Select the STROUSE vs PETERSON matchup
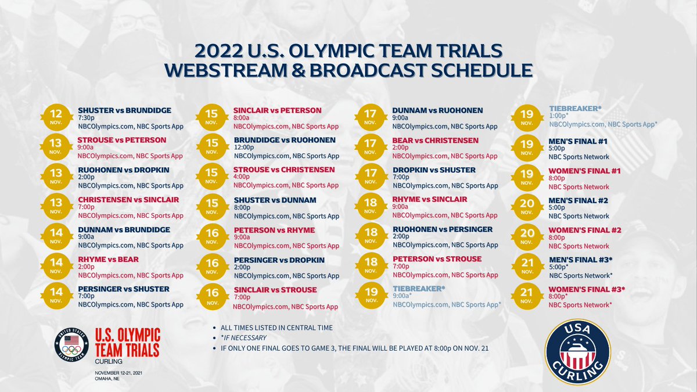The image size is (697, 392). tap(121, 140)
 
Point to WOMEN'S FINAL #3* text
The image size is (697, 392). tap(587, 289)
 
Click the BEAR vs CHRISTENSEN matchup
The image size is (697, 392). tap(436, 141)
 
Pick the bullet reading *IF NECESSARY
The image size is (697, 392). tap(244, 337)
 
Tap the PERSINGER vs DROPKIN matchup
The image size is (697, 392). tap(279, 260)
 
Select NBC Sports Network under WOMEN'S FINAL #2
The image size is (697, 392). tap(579, 246)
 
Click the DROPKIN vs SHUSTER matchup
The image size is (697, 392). tap(434, 170)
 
